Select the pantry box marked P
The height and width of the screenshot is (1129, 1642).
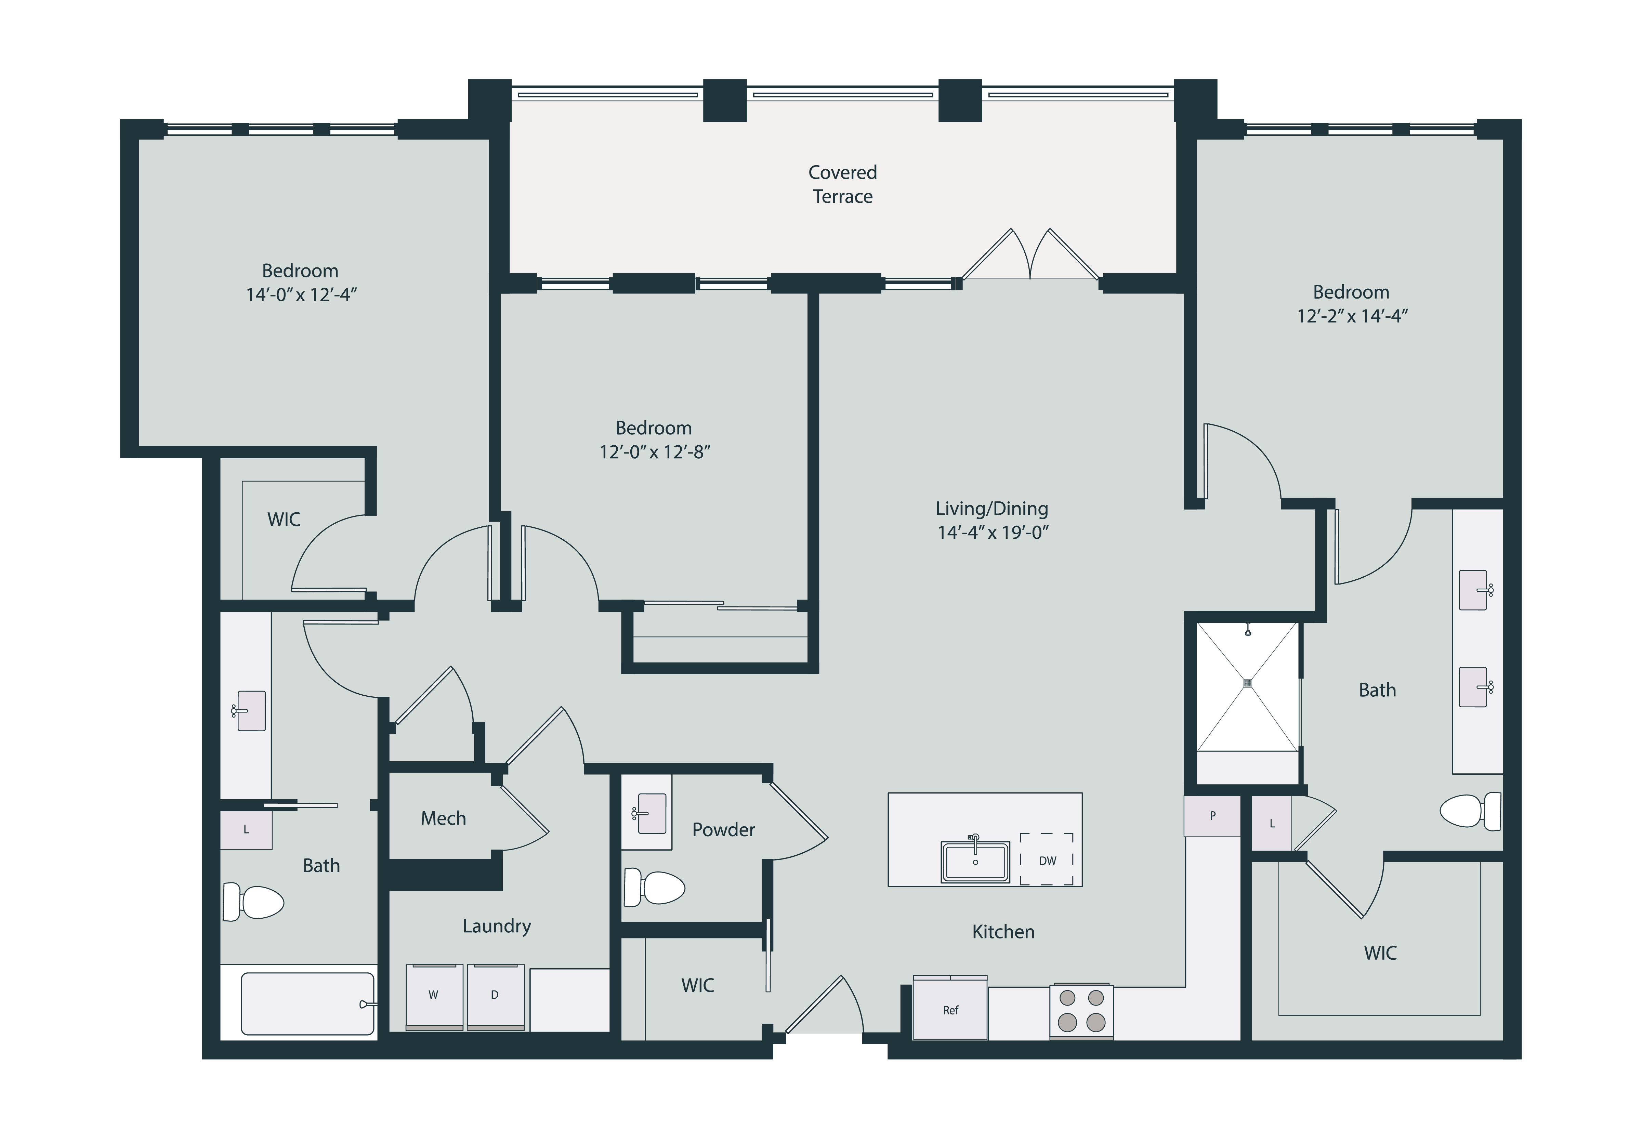click(1212, 816)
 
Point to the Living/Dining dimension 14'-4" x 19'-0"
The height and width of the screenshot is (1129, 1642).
click(993, 533)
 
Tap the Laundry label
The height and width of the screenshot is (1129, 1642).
click(497, 926)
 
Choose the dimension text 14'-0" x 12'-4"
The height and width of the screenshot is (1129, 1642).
click(301, 295)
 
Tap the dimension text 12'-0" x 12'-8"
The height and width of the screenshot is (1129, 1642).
click(654, 452)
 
